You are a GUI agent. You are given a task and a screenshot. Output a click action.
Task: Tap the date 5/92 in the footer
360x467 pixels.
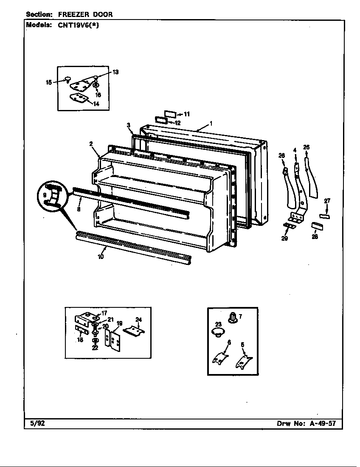coord(34,423)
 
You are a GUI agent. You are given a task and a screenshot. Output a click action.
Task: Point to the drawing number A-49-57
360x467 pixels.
coord(323,423)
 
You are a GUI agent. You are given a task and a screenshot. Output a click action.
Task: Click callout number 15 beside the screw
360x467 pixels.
coord(49,82)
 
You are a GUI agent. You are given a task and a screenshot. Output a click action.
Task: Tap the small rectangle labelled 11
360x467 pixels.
coord(170,114)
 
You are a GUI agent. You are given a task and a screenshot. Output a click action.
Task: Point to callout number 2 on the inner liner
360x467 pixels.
coord(91,143)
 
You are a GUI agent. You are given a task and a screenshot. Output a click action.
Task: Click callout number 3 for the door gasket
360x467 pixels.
coord(128,125)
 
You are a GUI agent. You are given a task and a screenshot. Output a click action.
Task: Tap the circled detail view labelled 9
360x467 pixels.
coord(53,196)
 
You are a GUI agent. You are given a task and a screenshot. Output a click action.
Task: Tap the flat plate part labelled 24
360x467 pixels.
coord(134,329)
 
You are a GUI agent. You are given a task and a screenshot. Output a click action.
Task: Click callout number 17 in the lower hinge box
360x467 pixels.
coord(104,313)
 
